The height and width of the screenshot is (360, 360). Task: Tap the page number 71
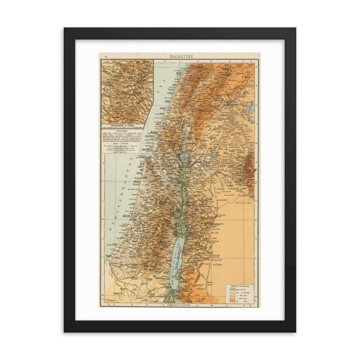105,58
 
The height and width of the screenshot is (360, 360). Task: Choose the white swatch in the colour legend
231,281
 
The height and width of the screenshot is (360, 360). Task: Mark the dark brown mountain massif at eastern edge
250,172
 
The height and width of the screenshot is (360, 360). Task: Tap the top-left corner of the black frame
64,28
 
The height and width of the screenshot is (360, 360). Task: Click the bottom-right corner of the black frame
295,331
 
